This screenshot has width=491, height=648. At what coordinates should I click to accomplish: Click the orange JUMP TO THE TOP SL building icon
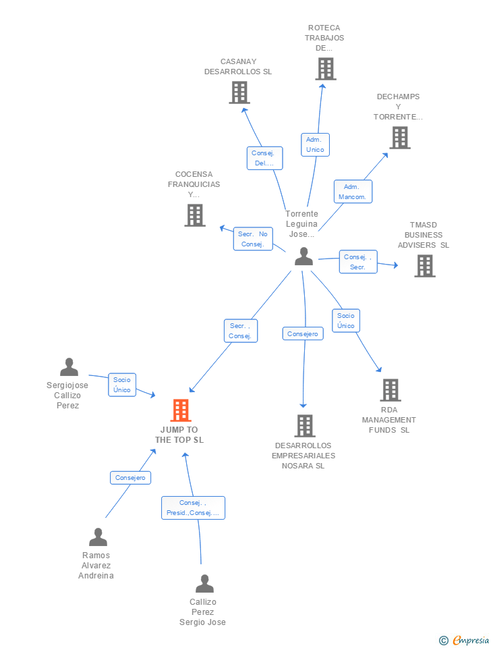pyautogui.click(x=181, y=410)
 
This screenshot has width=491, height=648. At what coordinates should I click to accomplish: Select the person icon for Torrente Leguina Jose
pyautogui.click(x=304, y=256)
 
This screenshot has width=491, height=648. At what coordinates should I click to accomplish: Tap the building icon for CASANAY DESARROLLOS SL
pyautogui.click(x=239, y=92)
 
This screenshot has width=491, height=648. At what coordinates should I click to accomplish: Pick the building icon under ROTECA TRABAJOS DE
pyautogui.click(x=326, y=69)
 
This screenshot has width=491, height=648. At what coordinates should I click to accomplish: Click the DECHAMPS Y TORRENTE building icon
pyautogui.click(x=400, y=137)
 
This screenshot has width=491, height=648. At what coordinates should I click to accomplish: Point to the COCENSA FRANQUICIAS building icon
pyautogui.click(x=195, y=215)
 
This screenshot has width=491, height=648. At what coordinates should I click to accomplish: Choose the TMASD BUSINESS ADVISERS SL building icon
pyautogui.click(x=425, y=265)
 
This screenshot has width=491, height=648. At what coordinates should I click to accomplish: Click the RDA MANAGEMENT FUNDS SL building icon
pyautogui.click(x=391, y=389)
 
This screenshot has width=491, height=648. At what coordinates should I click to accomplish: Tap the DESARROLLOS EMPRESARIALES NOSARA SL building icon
pyautogui.click(x=305, y=426)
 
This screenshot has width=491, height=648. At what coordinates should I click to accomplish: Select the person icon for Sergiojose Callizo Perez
pyautogui.click(x=69, y=367)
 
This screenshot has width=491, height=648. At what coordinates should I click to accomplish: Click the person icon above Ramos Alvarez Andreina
pyautogui.click(x=98, y=537)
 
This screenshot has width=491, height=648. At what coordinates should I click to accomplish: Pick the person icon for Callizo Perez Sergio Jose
pyautogui.click(x=204, y=583)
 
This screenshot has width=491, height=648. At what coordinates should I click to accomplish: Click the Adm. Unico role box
pyautogui.click(x=315, y=144)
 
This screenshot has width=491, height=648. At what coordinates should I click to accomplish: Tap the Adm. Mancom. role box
pyautogui.click(x=353, y=191)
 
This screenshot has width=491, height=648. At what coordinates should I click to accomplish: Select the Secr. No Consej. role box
pyautogui.click(x=253, y=239)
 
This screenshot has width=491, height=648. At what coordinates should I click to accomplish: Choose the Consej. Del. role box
pyautogui.click(x=264, y=158)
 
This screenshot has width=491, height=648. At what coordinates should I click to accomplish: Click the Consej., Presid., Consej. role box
pyautogui.click(x=194, y=508)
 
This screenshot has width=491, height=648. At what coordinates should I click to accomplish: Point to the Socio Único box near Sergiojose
pyautogui.click(x=122, y=385)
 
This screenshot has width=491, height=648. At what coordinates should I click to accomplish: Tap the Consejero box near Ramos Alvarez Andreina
pyautogui.click(x=130, y=478)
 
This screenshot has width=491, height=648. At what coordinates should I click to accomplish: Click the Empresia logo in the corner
pyautogui.click(x=464, y=640)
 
